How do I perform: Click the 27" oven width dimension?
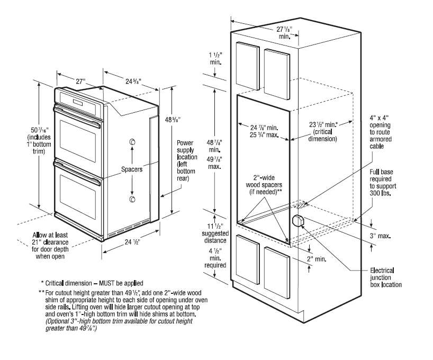pos(80,82)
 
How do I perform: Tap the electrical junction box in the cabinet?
pos(297,220)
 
